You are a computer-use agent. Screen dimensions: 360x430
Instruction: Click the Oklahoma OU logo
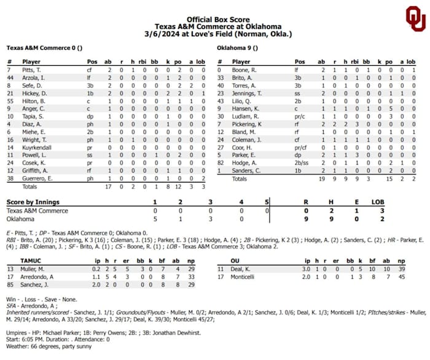click(x=415, y=18)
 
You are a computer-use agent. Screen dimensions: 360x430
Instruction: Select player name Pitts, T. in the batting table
click(x=31, y=71)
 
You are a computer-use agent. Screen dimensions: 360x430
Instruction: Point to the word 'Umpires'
click(x=17, y=332)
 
